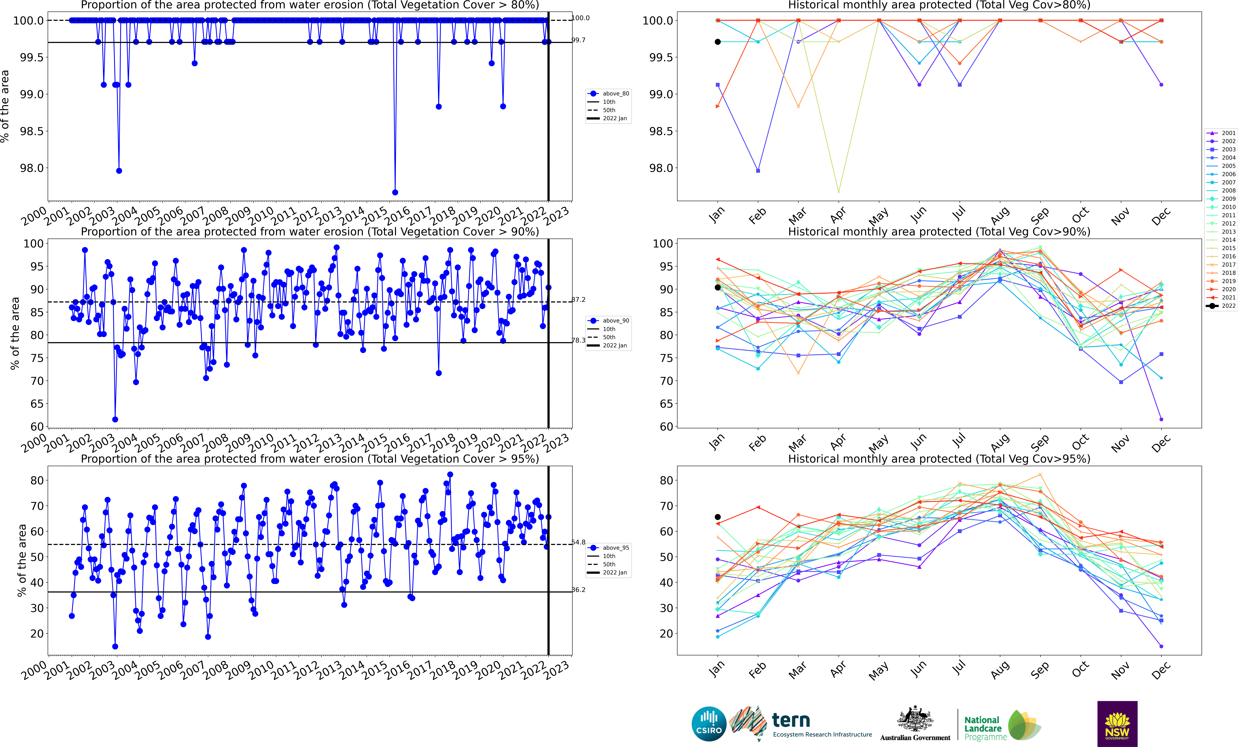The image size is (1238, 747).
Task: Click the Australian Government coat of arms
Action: (915, 719)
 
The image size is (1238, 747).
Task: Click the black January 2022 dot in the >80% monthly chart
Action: (717, 42)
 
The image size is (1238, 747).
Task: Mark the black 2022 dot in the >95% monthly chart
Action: (717, 517)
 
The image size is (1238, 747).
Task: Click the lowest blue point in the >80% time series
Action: (395, 192)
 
